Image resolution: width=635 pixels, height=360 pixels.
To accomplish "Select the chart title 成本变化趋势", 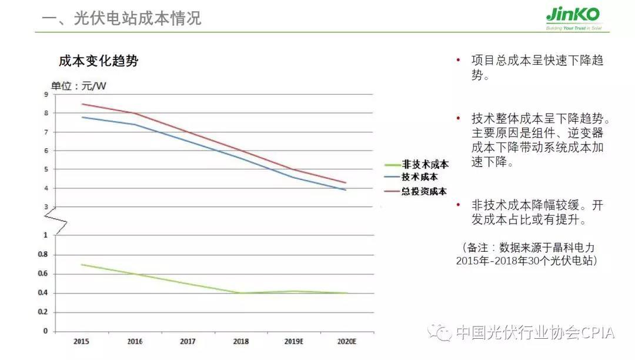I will pyautogui.click(x=98, y=61).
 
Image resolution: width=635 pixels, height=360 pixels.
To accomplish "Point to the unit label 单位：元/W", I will pyautogui.click(x=79, y=86).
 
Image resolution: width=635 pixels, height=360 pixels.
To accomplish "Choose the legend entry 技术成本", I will pyautogui.click(x=419, y=176).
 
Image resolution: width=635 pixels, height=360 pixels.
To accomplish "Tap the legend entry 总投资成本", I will pyautogui.click(x=424, y=191).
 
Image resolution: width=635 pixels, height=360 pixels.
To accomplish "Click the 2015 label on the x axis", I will pyautogui.click(x=82, y=341).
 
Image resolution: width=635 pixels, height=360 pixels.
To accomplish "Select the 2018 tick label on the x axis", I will pyautogui.click(x=241, y=341).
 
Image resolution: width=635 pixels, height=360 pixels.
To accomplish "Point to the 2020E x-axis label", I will pyautogui.click(x=346, y=341).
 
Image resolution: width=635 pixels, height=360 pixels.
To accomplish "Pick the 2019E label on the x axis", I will pyautogui.click(x=293, y=341).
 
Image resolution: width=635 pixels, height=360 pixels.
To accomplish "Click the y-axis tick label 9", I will pyautogui.click(x=46, y=94).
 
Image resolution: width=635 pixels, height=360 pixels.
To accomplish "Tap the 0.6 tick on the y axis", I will pyautogui.click(x=43, y=274).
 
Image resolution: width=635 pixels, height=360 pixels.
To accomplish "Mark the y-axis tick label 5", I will pyautogui.click(x=46, y=169).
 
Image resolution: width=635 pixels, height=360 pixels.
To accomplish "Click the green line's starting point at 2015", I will pyautogui.click(x=82, y=265).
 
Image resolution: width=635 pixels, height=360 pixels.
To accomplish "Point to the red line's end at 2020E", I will pyautogui.click(x=346, y=182).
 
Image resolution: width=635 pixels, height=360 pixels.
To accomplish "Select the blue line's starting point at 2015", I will pyautogui.click(x=82, y=117).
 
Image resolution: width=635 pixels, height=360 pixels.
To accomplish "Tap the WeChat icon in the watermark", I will pyautogui.click(x=441, y=333).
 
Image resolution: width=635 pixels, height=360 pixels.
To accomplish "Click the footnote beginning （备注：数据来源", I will pyautogui.click(x=526, y=254).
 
